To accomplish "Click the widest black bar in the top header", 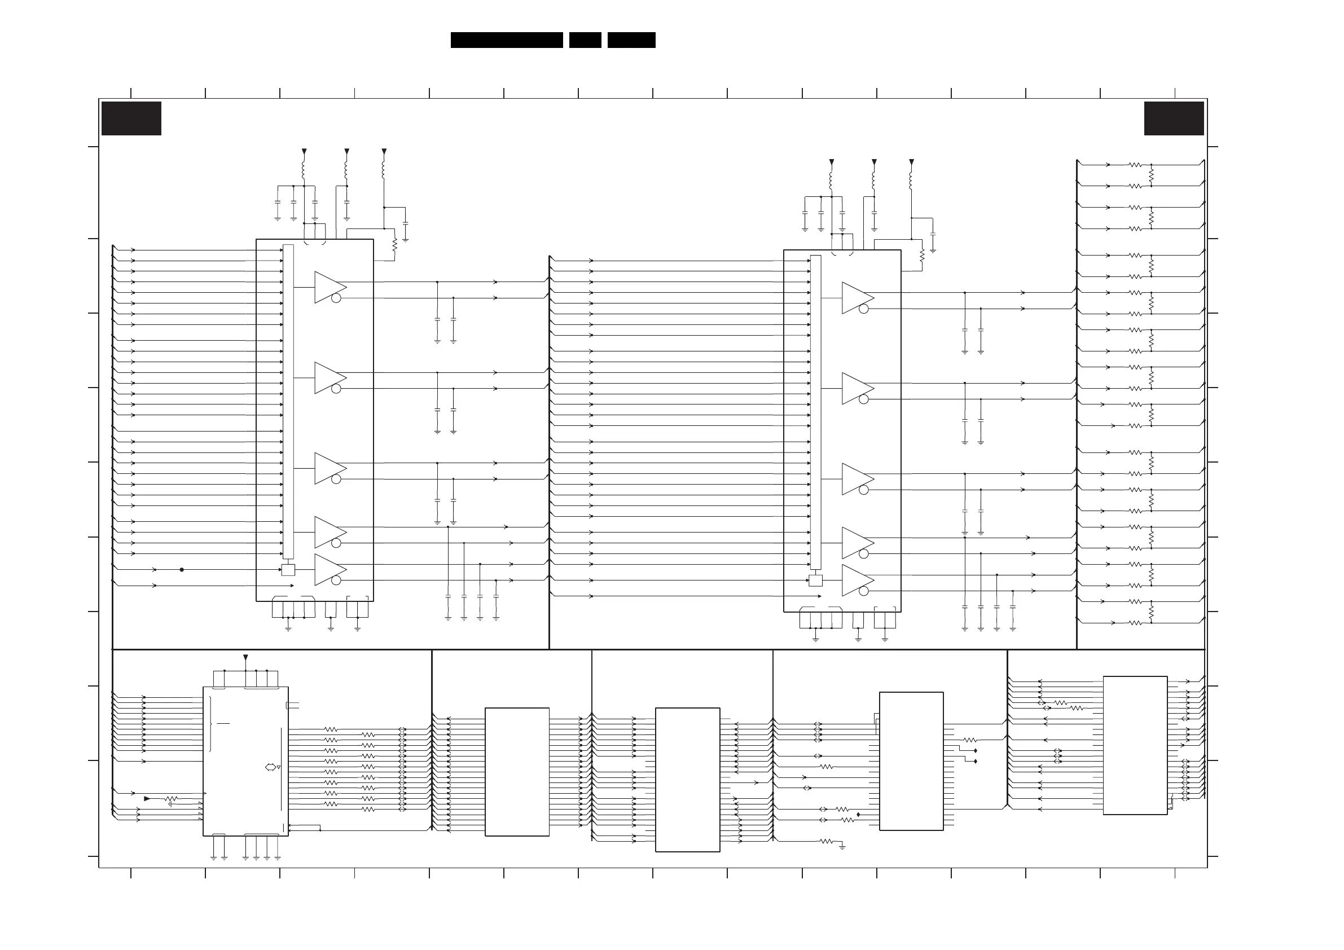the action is [506, 40].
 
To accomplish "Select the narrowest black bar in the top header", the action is [585, 40].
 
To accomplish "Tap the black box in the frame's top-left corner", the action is [131, 118].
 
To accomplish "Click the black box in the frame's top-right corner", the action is [1174, 118].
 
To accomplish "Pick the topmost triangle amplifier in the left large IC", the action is [330, 287].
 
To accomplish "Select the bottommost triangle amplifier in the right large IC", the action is [857, 580].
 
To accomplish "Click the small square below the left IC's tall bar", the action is [288, 570].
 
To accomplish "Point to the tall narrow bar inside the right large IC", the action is [815, 412].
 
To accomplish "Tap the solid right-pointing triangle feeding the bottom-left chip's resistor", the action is [147, 798].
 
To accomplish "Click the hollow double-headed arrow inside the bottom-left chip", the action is [270, 767].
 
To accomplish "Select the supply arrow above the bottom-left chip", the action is [245, 657].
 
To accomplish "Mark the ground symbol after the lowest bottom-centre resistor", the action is [842, 846].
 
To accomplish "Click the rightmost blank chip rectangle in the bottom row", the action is [1135, 745].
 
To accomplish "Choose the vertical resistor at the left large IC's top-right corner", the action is [394, 244].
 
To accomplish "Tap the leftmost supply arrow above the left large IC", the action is [304, 151].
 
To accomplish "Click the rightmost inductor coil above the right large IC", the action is [911, 181].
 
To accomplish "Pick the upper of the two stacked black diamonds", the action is [975, 750].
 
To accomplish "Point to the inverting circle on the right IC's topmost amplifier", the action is [863, 309].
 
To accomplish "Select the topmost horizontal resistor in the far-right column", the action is [1135, 165].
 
